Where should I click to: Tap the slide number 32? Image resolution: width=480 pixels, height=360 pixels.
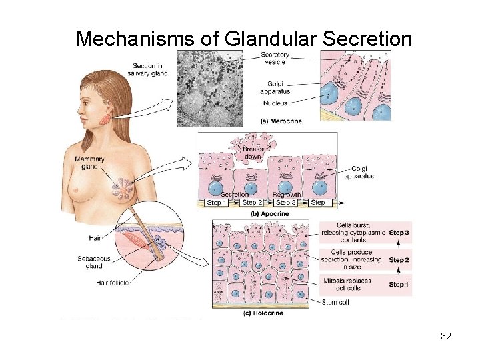click(x=446, y=336)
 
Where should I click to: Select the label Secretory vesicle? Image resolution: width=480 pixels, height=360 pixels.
click(x=275, y=58)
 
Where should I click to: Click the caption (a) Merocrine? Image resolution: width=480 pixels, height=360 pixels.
click(x=281, y=122)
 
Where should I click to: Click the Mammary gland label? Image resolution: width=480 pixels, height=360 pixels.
click(x=90, y=163)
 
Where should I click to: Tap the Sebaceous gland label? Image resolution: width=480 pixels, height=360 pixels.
click(x=93, y=262)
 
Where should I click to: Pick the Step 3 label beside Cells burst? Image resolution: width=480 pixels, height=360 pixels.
click(x=399, y=233)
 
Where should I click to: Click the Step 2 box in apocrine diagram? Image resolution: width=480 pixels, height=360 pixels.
click(x=252, y=203)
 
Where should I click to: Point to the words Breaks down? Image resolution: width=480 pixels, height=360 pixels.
click(x=254, y=153)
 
